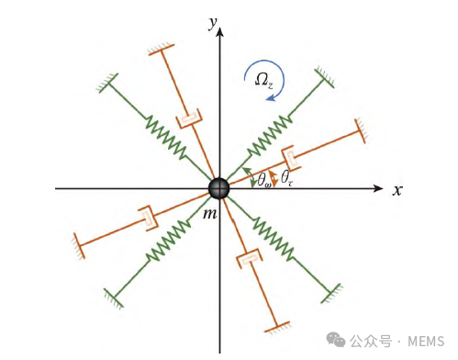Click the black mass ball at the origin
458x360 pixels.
(218, 187)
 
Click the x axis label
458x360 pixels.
(397, 190)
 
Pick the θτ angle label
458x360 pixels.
(288, 175)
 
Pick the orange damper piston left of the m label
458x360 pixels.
(146, 219)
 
